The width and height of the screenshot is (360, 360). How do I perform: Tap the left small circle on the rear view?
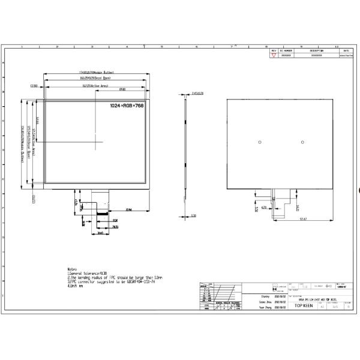coord(259,142)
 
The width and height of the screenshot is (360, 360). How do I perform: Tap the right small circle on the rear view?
coord(303,142)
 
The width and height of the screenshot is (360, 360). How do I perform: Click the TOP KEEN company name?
coord(304,305)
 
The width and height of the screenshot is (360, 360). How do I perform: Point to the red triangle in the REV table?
coord(274,55)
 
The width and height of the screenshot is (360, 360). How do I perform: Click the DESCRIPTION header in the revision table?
coord(317,50)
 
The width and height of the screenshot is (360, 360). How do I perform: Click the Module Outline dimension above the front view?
coord(97,73)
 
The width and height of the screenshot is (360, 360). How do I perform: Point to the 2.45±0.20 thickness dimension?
coord(197,93)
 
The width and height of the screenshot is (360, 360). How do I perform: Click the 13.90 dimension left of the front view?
coord(34,86)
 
